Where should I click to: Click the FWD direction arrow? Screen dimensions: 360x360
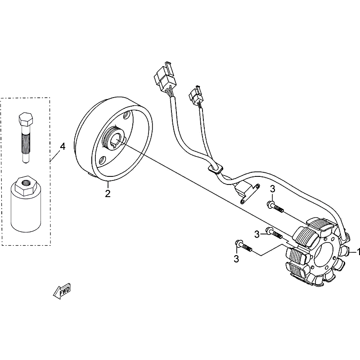(x=62, y=292)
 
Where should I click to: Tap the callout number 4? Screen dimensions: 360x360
(x=63, y=147)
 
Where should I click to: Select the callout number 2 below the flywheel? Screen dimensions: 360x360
(x=108, y=193)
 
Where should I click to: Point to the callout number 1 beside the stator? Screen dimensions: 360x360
(x=358, y=252)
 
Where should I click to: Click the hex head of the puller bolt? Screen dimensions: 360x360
(x=26, y=119)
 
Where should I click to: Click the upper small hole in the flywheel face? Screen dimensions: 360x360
(x=126, y=115)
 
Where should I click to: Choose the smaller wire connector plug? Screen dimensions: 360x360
(x=196, y=95)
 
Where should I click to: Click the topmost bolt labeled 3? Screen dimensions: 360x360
(x=275, y=207)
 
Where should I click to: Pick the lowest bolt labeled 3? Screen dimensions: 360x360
(x=243, y=246)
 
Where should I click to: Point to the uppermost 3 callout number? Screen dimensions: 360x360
(x=272, y=189)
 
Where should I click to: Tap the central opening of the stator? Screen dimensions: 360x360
(x=324, y=255)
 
